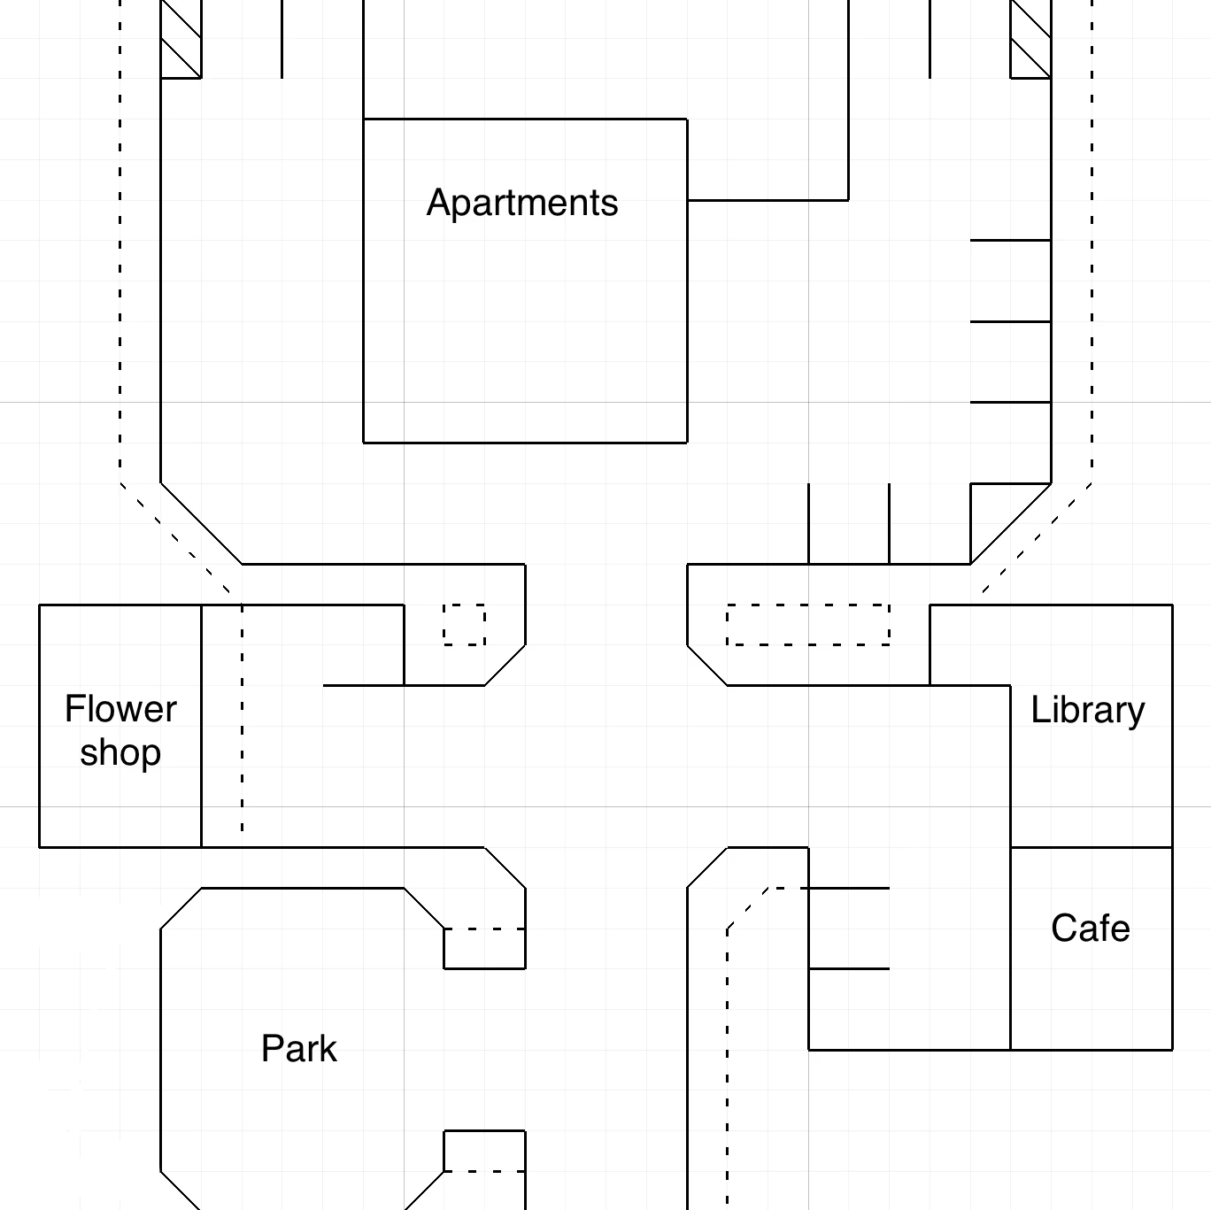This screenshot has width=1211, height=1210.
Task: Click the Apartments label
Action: coord(522,203)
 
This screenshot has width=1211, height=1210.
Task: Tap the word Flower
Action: coord(120,708)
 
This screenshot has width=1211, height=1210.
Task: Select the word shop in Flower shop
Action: coord(120,752)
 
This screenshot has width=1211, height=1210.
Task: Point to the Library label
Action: coord(1088,711)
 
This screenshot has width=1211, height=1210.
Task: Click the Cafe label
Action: coord(1091,928)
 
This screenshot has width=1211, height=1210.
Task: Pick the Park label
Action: coord(299,1048)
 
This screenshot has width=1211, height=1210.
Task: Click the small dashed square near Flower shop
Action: coord(464,625)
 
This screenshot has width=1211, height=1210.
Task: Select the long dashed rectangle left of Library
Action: coord(808,625)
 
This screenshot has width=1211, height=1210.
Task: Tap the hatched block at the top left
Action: coord(181,39)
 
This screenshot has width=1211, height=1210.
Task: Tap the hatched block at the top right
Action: coord(1030,39)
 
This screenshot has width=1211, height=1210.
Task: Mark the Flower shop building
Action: coord(120,726)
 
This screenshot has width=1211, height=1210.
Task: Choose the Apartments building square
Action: coord(525,281)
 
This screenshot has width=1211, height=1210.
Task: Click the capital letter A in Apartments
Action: coord(439,202)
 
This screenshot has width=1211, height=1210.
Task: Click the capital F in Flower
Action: coord(74,708)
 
